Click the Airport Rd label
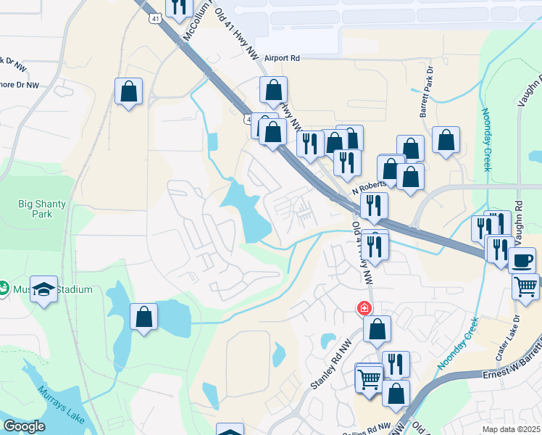coord(282,58)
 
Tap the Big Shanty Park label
coord(42,209)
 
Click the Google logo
coord(24,426)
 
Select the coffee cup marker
coord(522,260)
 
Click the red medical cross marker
coord(363,309)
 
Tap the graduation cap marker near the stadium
coord(43,290)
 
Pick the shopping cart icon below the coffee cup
coord(525,286)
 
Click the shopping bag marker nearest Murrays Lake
coord(143,317)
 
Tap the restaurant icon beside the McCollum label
coord(178,7)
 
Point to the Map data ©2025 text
coord(511,428)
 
